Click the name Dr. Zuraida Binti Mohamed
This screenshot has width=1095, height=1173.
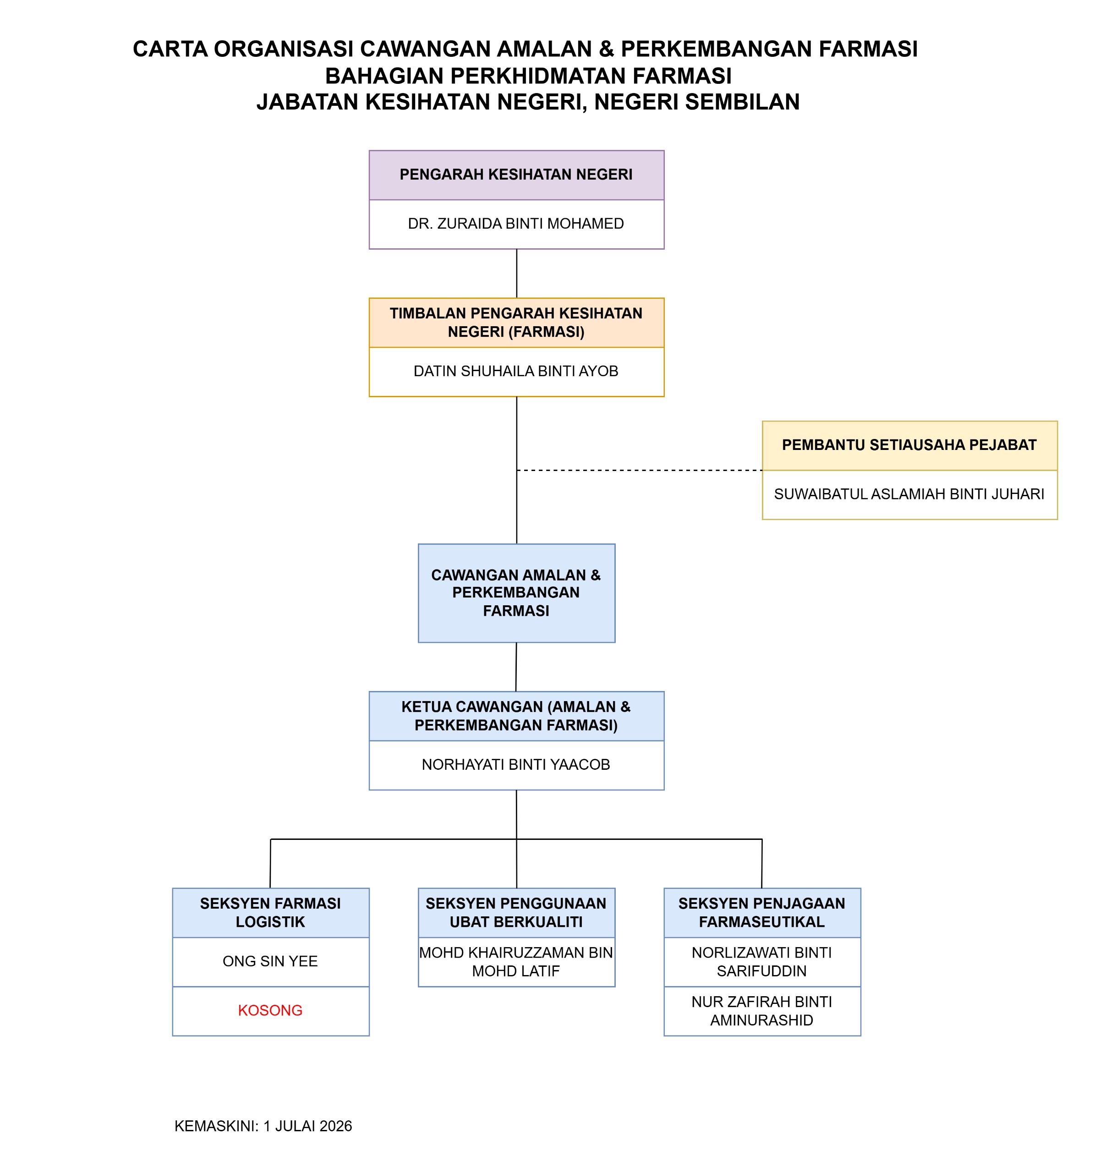pyautogui.click(x=515, y=224)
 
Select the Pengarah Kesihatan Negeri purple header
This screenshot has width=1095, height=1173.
pyautogui.click(x=516, y=175)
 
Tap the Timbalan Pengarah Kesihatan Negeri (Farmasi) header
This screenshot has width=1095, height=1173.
pyautogui.click(x=516, y=322)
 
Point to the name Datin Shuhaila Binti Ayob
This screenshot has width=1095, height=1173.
pyautogui.click(x=515, y=371)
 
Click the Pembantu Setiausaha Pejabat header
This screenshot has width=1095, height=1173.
pyautogui.click(x=909, y=445)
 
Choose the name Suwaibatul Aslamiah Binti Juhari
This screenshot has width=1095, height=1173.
pyautogui.click(x=909, y=494)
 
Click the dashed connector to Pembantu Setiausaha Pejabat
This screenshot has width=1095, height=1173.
pyautogui.click(x=640, y=470)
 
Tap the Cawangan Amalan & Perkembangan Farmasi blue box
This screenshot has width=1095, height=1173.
pyautogui.click(x=516, y=593)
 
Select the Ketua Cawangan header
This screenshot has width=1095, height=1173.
pyautogui.click(x=516, y=716)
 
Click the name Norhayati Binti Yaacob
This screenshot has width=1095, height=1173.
pyautogui.click(x=515, y=765)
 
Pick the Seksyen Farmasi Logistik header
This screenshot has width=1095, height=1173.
pyautogui.click(x=271, y=913)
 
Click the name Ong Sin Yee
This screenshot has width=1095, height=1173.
pyautogui.click(x=270, y=961)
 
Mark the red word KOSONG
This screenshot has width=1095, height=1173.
pyautogui.click(x=270, y=1011)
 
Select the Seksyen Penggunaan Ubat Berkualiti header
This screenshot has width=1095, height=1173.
pyautogui.click(x=516, y=913)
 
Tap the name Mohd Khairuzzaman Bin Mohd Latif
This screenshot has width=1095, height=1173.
pyautogui.click(x=515, y=962)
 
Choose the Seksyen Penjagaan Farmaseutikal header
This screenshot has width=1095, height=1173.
pyautogui.click(x=762, y=913)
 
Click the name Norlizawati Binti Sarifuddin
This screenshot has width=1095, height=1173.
pyautogui.click(x=761, y=962)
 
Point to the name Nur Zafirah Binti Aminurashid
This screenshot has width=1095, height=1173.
pyautogui.click(x=761, y=1011)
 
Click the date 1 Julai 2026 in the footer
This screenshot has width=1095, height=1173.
pyautogui.click(x=307, y=1126)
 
